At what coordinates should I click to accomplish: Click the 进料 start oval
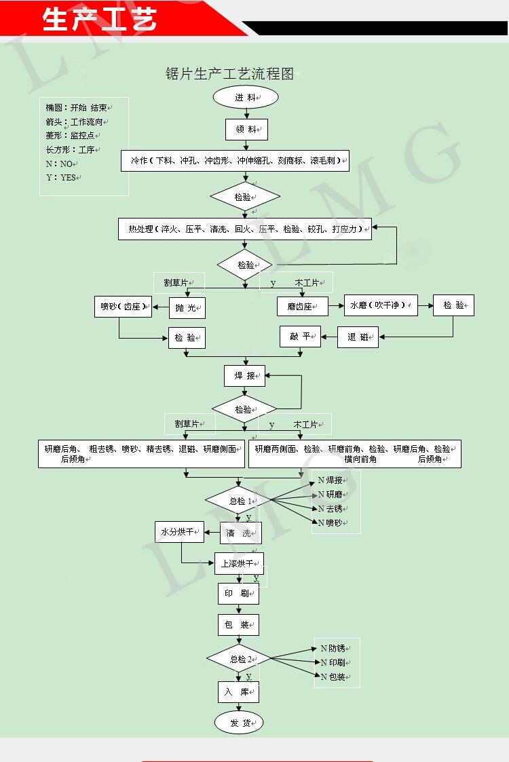246,97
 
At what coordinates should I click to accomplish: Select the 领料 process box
246,129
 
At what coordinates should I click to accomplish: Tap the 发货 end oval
239,723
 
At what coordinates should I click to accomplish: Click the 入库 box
238,691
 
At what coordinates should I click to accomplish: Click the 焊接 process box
244,375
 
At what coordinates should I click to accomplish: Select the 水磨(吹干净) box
381,305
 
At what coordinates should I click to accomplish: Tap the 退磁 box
358,337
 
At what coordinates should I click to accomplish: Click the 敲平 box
300,337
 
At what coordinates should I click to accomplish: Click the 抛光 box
187,308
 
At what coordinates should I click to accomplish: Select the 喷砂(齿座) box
123,307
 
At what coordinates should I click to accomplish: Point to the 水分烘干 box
179,532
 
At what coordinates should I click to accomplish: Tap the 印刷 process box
238,594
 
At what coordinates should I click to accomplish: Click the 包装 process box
238,625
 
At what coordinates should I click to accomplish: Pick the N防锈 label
333,647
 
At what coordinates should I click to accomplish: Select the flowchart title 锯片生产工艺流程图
230,74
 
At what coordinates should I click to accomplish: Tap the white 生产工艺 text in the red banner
99,20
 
